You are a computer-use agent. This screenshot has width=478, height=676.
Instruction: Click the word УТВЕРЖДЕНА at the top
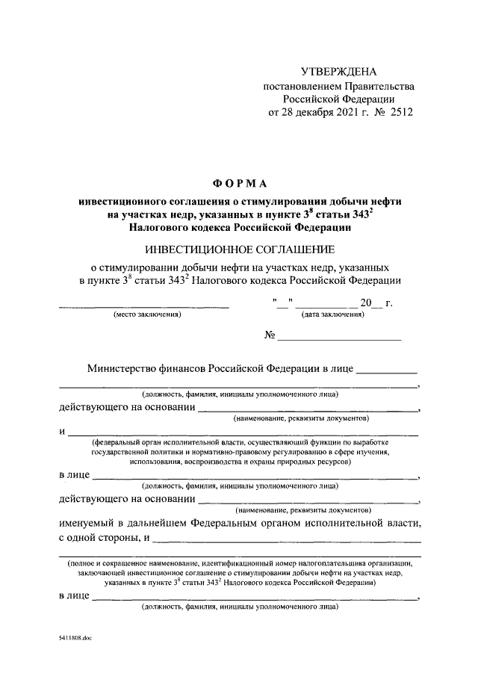tap(339, 72)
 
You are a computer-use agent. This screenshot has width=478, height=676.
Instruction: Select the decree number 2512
tap(397, 113)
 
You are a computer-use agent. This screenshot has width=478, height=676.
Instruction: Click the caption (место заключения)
tap(147, 315)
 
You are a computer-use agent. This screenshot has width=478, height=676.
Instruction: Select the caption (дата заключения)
tap(332, 315)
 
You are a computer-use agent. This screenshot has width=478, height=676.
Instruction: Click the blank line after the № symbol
tap(340, 339)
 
